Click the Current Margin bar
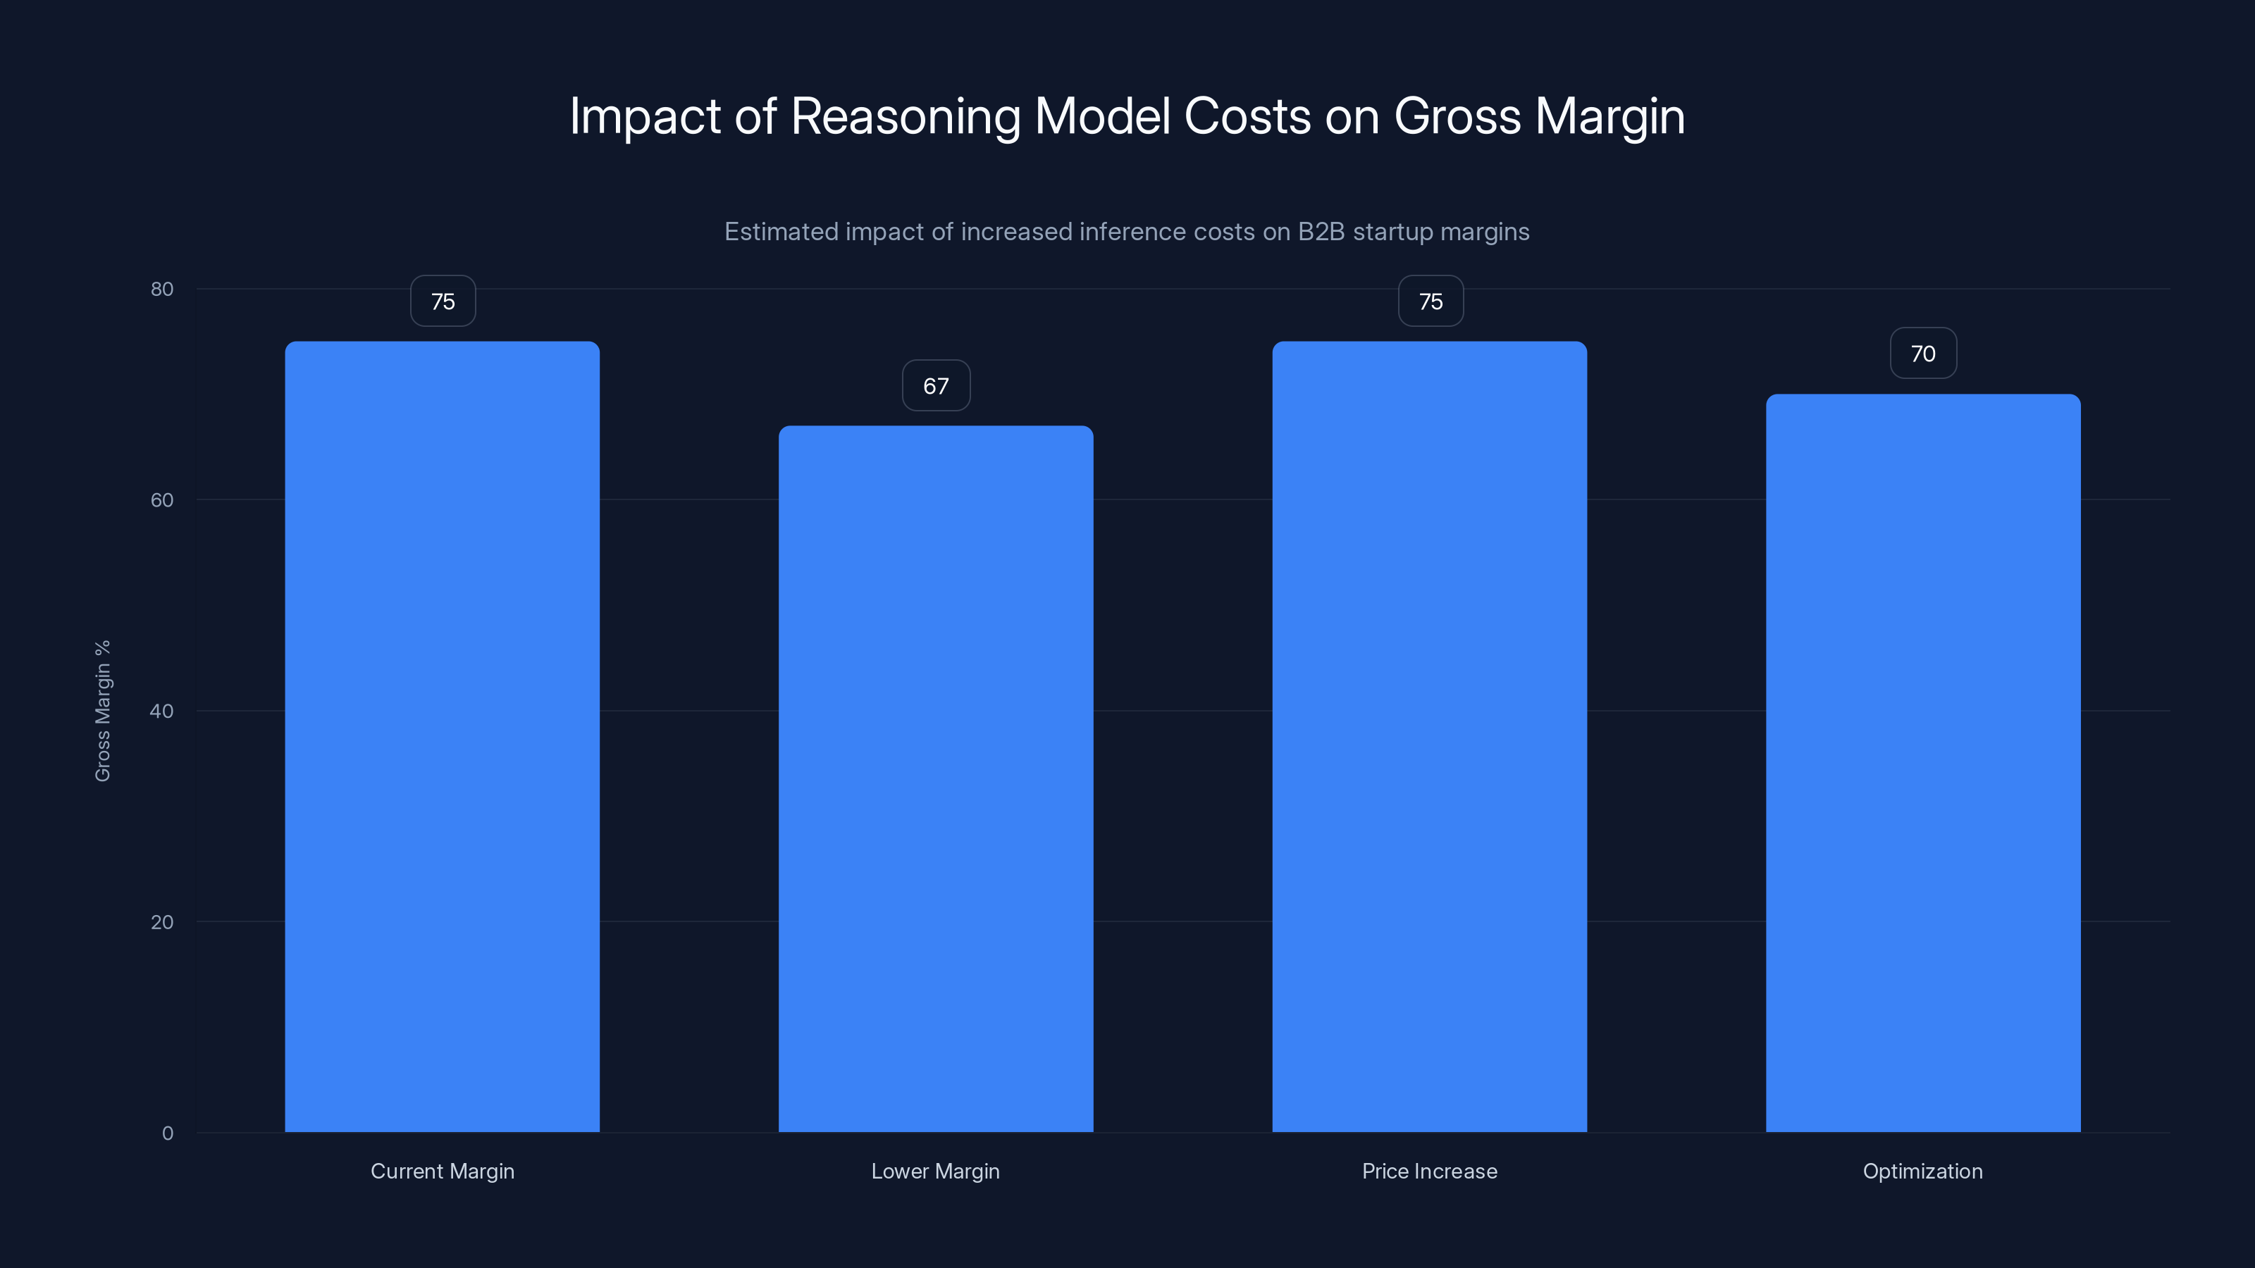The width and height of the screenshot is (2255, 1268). [442, 735]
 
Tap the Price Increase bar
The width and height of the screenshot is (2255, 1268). [1430, 735]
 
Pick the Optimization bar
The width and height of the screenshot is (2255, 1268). [1923, 762]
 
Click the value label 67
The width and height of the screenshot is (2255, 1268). [936, 386]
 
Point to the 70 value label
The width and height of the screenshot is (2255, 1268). [1923, 354]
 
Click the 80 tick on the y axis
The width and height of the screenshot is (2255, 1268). [162, 290]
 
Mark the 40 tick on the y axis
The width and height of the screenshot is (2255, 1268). [162, 711]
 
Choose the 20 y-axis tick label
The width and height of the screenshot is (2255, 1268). [162, 922]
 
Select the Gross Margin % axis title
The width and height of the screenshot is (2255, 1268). [102, 711]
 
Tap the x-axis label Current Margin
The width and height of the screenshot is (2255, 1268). [442, 1171]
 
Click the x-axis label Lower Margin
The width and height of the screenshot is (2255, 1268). [935, 1171]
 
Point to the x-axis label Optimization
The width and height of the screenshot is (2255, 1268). [1922, 1171]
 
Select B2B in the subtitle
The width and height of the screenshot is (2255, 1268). [1321, 232]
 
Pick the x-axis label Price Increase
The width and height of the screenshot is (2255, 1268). [1430, 1171]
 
